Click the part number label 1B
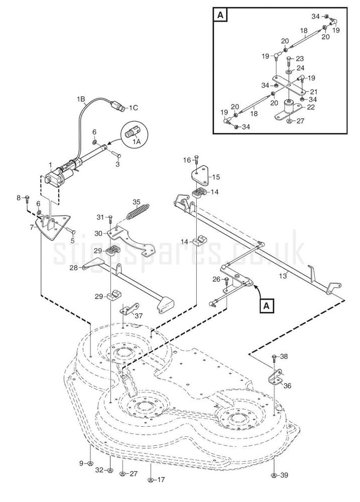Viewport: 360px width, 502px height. coord(81,99)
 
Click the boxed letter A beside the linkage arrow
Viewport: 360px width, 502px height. coord(267,305)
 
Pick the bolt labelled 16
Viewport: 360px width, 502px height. coord(196,160)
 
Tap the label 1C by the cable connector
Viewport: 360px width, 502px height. coord(133,107)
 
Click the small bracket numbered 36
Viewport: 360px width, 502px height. coord(276,378)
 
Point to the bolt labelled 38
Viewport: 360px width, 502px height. coord(274,357)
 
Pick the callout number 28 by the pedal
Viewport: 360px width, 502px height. coord(74,268)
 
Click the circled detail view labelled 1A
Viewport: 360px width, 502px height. coord(133,134)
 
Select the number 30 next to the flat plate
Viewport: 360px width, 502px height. coord(98,233)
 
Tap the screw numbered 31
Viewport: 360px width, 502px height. coord(110,217)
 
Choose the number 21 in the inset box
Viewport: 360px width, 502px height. coord(314,92)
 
